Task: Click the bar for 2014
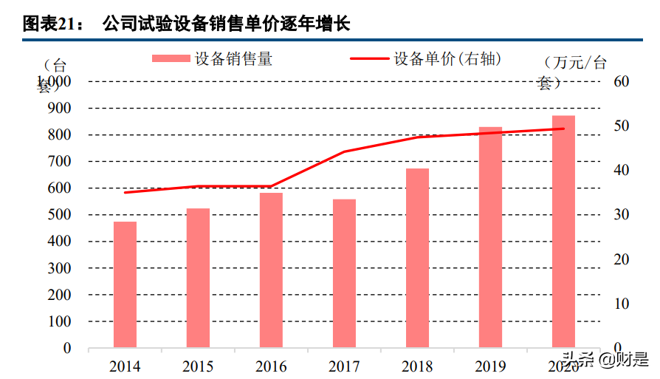click(x=125, y=284)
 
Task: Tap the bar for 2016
click(x=271, y=270)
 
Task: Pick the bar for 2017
click(x=344, y=273)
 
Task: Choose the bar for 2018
click(x=417, y=258)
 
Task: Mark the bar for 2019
click(x=490, y=237)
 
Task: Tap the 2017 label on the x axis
click(x=344, y=366)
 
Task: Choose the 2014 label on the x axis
click(x=125, y=366)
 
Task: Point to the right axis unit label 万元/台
click(x=574, y=62)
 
